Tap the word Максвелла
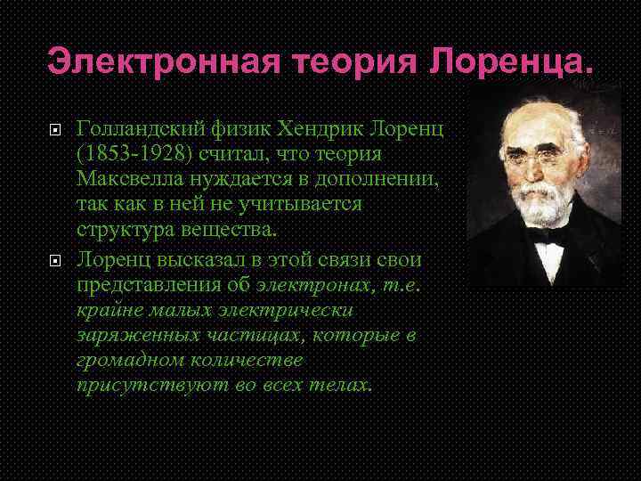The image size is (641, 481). coord(130,181)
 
